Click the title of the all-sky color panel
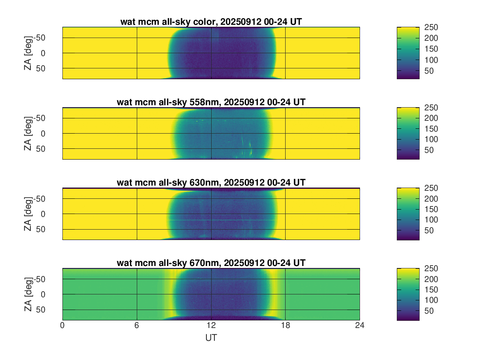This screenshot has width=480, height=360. [x=211, y=22]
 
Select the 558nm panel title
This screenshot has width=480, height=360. [x=211, y=102]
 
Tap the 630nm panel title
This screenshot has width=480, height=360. [x=211, y=183]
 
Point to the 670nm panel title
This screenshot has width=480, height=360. [x=211, y=263]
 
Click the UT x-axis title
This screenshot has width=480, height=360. [x=211, y=338]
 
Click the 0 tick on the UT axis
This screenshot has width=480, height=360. [x=62, y=326]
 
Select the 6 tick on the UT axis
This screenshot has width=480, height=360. [x=137, y=326]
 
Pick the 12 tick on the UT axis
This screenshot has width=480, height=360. [x=211, y=326]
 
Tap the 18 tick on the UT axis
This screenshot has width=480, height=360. [x=285, y=326]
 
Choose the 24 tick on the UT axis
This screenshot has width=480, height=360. [x=360, y=326]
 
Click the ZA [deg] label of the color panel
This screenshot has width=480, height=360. [x=28, y=53]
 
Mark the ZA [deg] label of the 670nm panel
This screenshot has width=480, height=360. [x=28, y=294]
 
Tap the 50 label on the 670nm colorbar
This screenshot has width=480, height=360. [x=430, y=311]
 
